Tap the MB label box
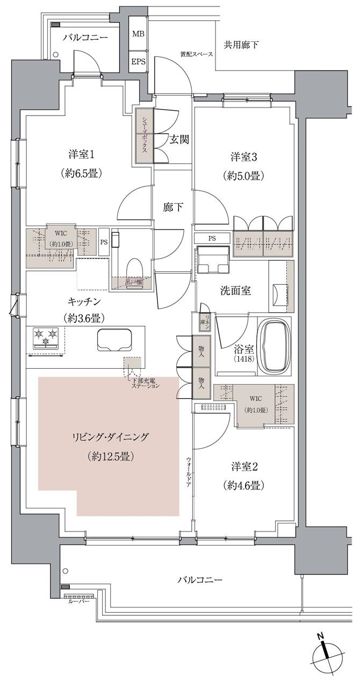point(138,34)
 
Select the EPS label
point(138,61)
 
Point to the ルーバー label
point(78,602)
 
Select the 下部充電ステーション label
point(146,383)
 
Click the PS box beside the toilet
point(103,242)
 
